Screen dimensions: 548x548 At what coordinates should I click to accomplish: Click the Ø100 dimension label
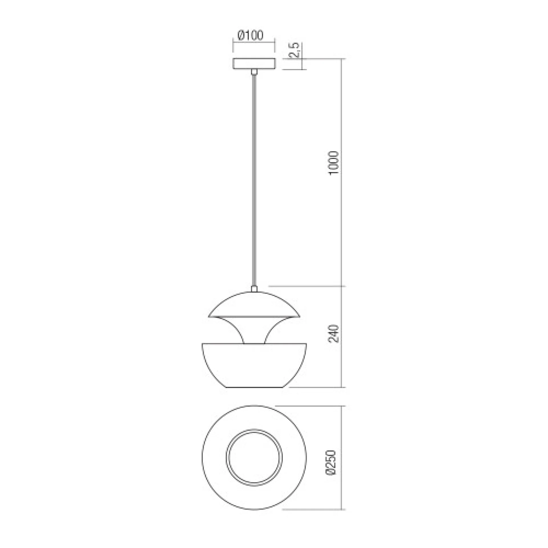(x=250, y=35)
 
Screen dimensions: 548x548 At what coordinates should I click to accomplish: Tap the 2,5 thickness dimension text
(x=296, y=50)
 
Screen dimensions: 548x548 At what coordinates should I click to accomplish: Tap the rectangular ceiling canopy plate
(x=254, y=64)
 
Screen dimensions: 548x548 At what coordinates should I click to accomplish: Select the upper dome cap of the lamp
(x=254, y=305)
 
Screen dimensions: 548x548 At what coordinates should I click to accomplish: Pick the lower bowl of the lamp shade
(x=254, y=367)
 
